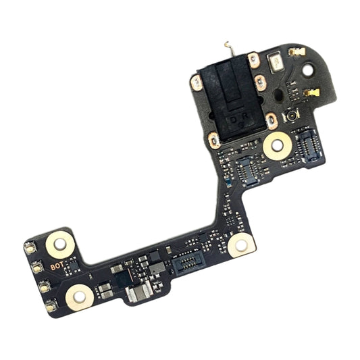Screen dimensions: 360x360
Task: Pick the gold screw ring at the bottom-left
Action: [79, 295]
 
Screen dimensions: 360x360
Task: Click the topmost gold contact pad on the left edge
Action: [31, 249]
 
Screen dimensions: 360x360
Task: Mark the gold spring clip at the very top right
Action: [295, 52]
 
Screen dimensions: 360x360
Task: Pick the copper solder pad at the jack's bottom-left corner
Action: [213, 140]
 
